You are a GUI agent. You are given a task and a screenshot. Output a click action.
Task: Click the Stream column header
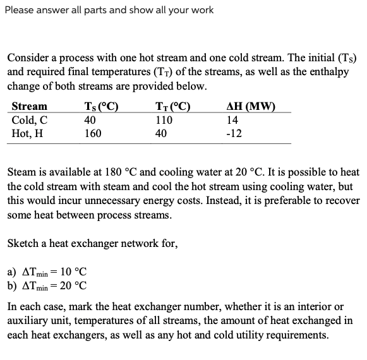[29, 106]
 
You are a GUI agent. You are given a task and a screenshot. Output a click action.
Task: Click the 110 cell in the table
[164, 120]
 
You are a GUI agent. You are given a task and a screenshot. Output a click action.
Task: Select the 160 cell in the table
[93, 133]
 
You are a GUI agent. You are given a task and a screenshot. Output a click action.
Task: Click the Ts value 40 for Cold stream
[90, 120]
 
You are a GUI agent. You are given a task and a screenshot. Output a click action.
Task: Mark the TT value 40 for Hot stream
[161, 133]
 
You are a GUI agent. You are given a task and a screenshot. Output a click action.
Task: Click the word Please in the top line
[20, 9]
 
